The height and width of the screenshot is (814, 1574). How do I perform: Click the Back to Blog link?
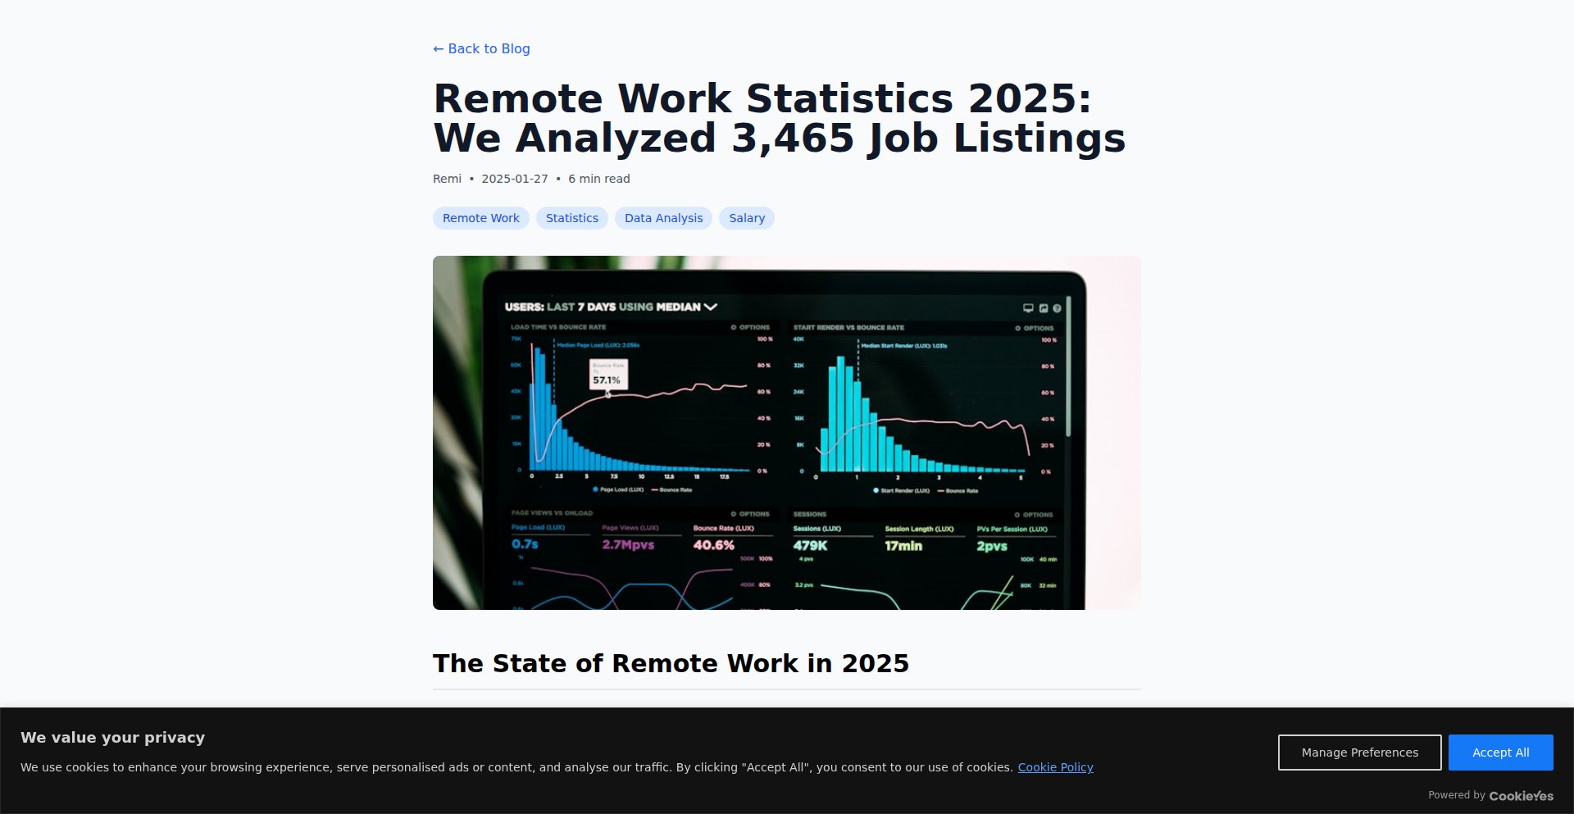[x=481, y=49]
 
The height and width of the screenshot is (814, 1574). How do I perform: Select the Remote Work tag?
[x=480, y=218]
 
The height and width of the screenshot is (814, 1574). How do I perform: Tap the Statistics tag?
[x=571, y=218]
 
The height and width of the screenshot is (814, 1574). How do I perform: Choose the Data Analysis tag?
[x=663, y=218]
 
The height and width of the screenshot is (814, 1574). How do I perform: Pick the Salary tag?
[x=746, y=218]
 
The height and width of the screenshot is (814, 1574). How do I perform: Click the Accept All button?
[x=1500, y=753]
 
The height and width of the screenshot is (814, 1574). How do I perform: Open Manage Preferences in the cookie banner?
[x=1359, y=753]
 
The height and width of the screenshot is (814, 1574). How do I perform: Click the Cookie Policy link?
[x=1055, y=767]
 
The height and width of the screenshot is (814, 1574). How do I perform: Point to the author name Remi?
[x=447, y=179]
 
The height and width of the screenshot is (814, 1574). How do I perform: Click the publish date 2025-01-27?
[x=515, y=179]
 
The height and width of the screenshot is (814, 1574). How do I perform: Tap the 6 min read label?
[x=599, y=179]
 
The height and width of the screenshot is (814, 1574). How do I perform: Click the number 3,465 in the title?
[x=793, y=138]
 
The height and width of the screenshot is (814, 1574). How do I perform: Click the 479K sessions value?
[x=810, y=546]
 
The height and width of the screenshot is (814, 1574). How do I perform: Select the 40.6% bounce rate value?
[x=714, y=545]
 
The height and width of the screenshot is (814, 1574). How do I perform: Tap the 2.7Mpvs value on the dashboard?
[x=628, y=545]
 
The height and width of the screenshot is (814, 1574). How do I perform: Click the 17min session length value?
[x=903, y=546]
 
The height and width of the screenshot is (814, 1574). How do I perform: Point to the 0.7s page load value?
[x=525, y=544]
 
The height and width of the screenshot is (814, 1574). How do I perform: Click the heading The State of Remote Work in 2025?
[x=671, y=663]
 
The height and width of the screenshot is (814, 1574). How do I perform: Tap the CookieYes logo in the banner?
[x=1521, y=796]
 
